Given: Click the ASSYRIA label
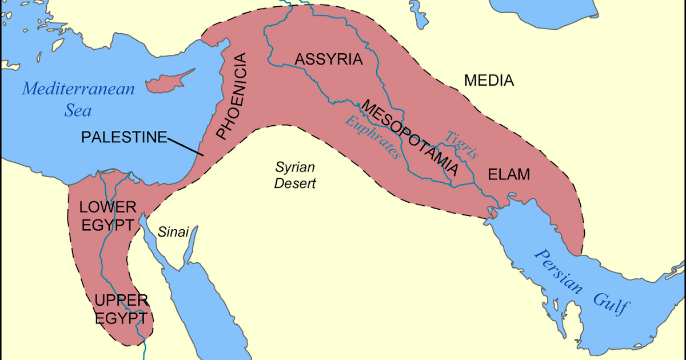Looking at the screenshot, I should [329, 59].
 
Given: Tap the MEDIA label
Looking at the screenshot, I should [489, 81].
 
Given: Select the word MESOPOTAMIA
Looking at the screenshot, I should [410, 138].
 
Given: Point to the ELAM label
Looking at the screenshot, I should [509, 175].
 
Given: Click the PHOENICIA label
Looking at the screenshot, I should [232, 96].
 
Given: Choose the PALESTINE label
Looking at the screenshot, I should [124, 137].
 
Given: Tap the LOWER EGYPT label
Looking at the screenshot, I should [107, 216].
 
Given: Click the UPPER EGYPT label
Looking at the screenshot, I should [122, 309].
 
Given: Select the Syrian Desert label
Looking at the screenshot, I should [295, 175].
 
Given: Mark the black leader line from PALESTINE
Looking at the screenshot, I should [186, 146].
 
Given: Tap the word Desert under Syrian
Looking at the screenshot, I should [295, 184].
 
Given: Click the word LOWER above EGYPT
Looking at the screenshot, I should [107, 207].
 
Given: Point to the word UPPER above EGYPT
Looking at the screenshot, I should [122, 299].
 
